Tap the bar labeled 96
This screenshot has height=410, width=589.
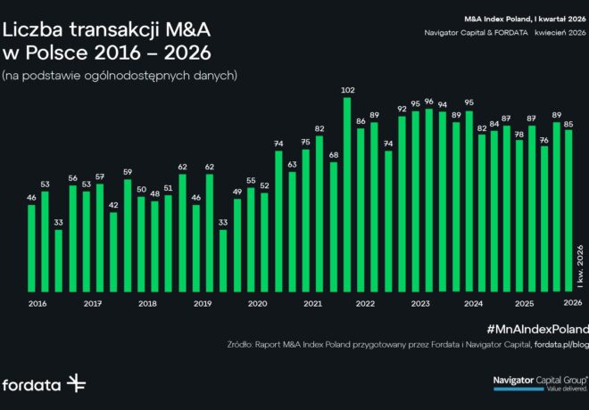point(429,200)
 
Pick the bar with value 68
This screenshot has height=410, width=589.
point(334,226)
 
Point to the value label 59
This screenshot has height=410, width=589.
point(128,172)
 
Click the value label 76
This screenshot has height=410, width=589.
point(543,140)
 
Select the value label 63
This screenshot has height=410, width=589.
point(292,165)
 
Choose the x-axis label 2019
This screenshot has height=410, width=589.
point(203,304)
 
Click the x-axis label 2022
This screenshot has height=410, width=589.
point(365,304)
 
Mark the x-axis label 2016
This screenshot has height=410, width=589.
point(38,304)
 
